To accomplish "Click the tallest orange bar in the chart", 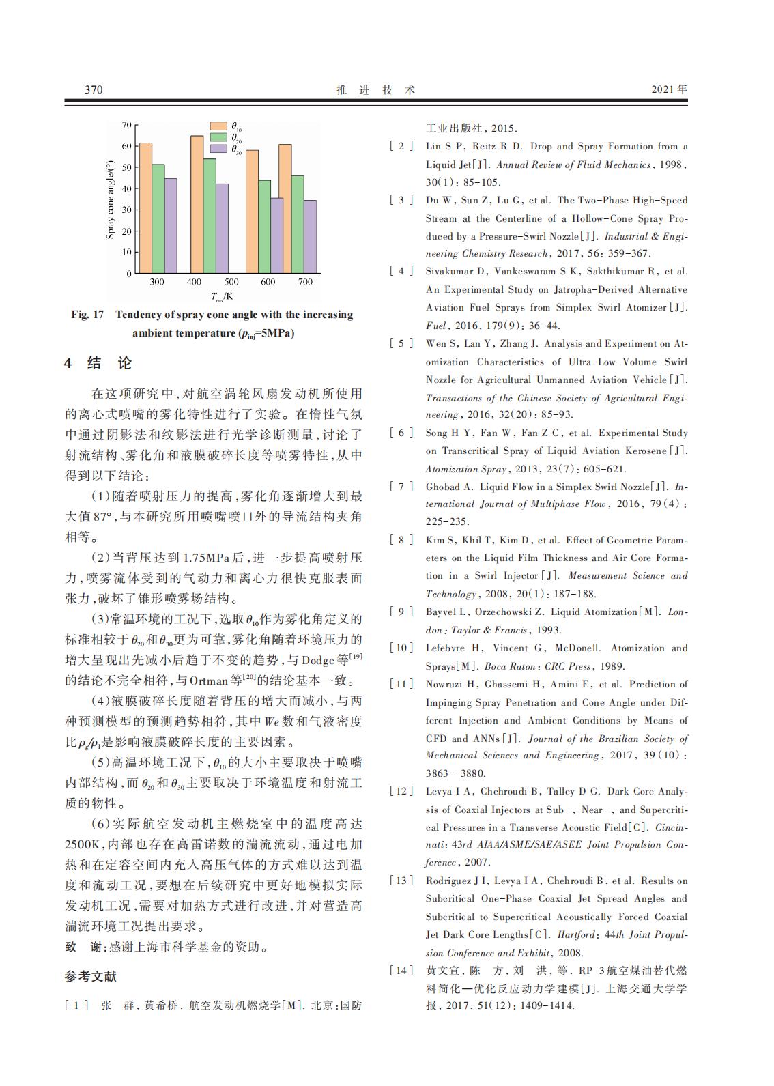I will point(197,204).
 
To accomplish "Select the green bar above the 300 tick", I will point(158,218).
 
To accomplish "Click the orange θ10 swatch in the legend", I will point(218,126).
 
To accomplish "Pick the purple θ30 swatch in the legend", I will point(218,148).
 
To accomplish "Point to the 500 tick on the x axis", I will point(231,282).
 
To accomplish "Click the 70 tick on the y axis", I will point(126,125).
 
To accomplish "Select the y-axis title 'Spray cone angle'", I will point(111,199).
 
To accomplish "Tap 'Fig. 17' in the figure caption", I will point(87,315).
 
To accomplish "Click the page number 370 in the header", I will point(94,89).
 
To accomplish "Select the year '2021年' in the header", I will point(669,89).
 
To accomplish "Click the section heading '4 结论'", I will point(98,363).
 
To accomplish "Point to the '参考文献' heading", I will point(91,977).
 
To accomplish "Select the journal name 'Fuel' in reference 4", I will point(435,326).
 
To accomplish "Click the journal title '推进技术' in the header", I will point(376,89).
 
